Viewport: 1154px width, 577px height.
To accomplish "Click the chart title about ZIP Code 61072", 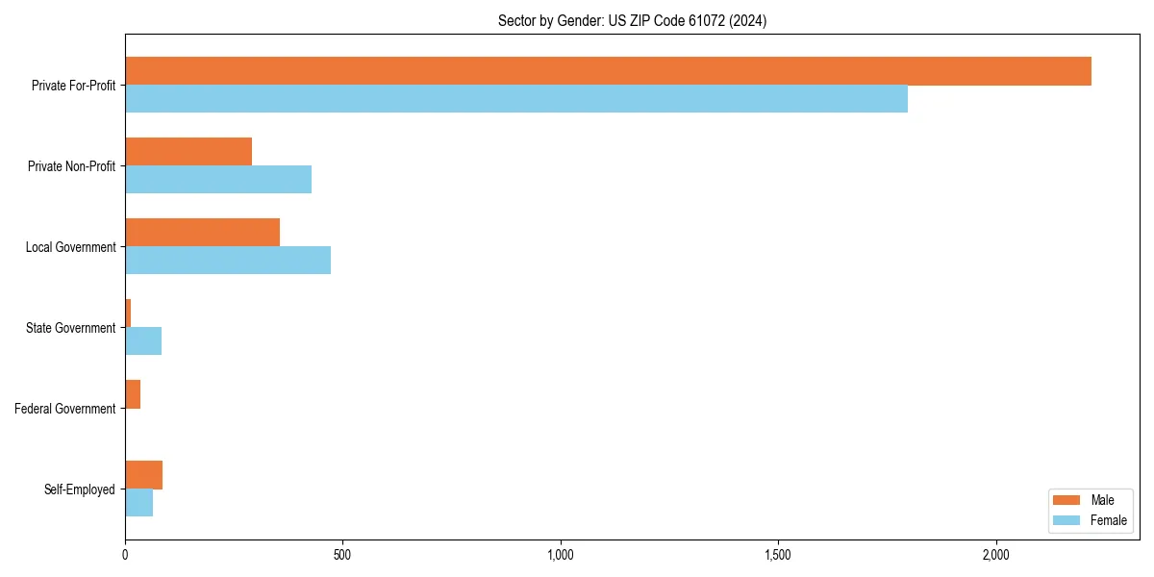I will pos(632,20).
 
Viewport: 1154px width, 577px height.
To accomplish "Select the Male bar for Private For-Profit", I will pos(608,71).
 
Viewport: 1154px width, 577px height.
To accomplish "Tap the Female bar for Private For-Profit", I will pos(516,99).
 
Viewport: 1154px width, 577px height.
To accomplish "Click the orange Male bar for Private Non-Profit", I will pos(188,152).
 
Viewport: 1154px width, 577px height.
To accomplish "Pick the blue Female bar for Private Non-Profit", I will pos(218,180).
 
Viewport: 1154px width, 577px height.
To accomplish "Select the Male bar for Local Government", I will pos(202,233).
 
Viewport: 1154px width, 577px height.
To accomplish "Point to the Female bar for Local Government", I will pos(228,261).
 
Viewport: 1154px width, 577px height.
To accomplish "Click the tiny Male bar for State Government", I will pos(128,314).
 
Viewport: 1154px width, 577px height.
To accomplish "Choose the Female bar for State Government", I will pos(143,341).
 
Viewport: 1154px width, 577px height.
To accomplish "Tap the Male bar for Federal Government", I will pos(133,394).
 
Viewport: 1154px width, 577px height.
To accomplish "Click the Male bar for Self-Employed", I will pos(143,475).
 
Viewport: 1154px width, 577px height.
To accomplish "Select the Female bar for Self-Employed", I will pos(138,503).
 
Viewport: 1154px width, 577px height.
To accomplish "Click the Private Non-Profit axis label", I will pos(71,166).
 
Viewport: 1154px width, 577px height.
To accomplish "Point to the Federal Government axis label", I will pos(65,409).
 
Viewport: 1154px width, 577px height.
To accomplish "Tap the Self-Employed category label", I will pos(80,489).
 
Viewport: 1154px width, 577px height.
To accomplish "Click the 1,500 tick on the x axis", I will pos(778,555).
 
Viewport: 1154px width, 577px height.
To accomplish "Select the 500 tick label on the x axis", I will pos(342,555).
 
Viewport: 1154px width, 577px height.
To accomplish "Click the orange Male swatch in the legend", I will pos(1066,500).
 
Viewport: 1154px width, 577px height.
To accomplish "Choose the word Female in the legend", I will pos(1109,520).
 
